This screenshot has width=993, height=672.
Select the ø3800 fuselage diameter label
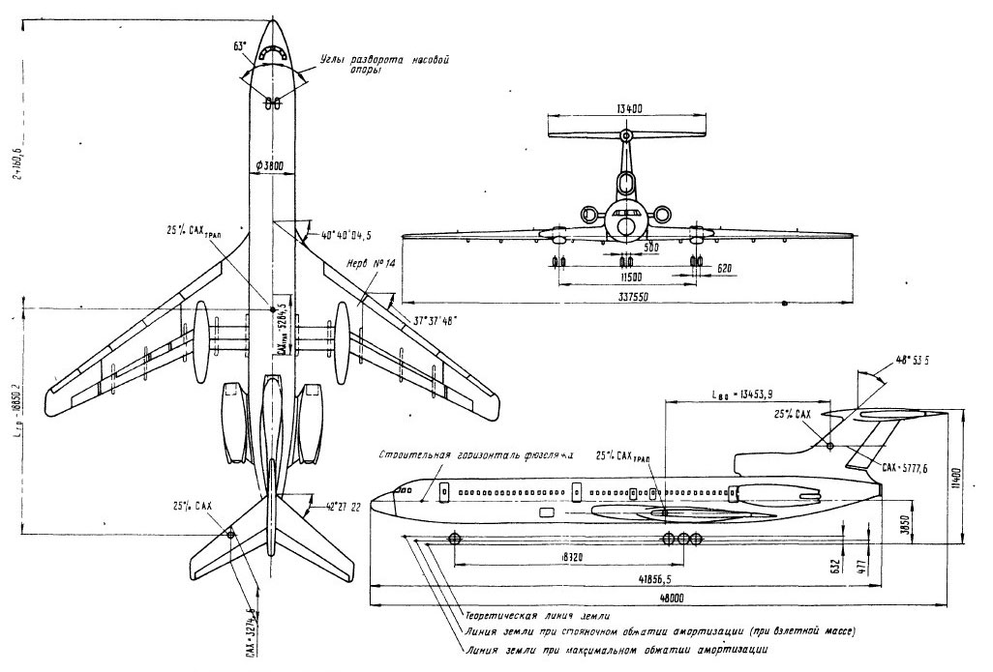pyautogui.click(x=272, y=163)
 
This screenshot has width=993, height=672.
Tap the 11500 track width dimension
pyautogui.click(x=626, y=278)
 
